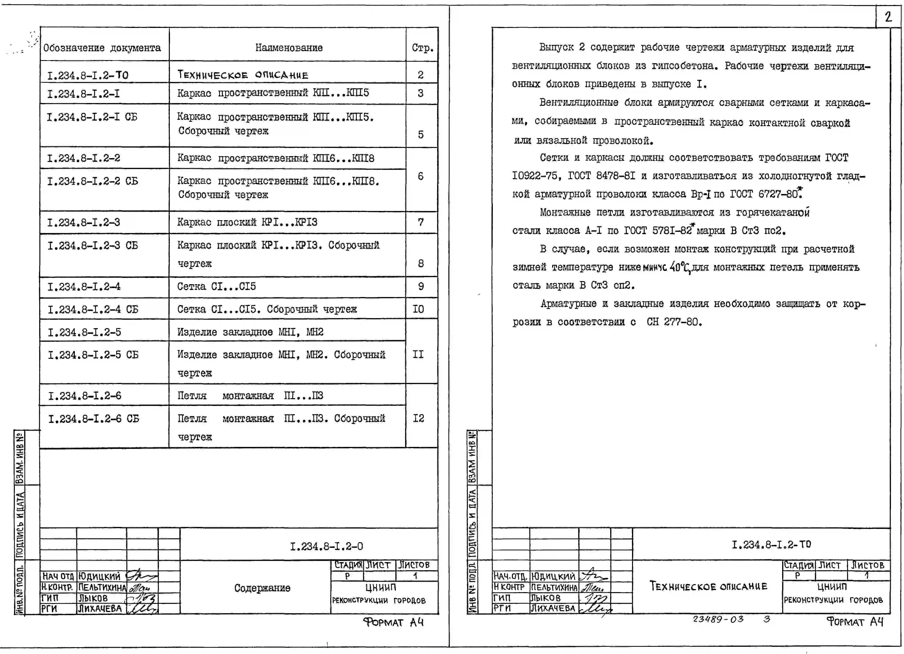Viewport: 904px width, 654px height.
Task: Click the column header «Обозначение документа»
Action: (102, 48)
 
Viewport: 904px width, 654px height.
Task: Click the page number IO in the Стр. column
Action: (418, 309)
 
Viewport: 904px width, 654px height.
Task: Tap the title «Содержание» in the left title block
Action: (262, 588)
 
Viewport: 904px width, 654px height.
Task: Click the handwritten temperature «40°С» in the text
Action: (680, 267)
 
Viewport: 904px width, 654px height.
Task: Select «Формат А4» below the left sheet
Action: (393, 622)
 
